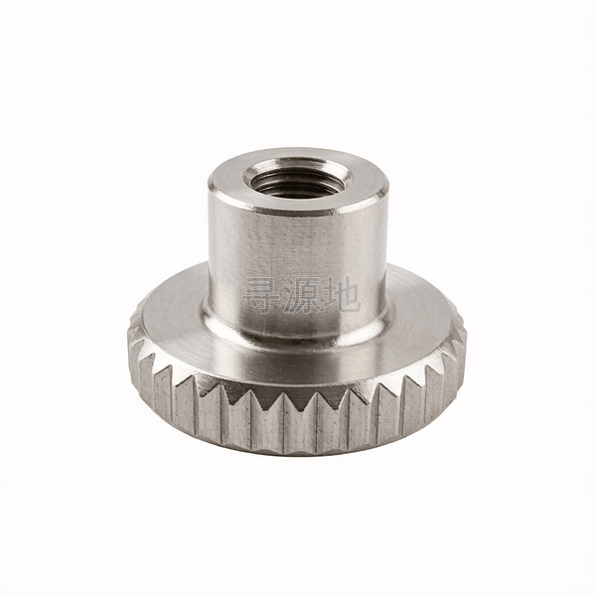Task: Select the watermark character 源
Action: [301, 295]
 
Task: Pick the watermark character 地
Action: [341, 295]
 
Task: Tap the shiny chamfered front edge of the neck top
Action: [296, 212]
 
